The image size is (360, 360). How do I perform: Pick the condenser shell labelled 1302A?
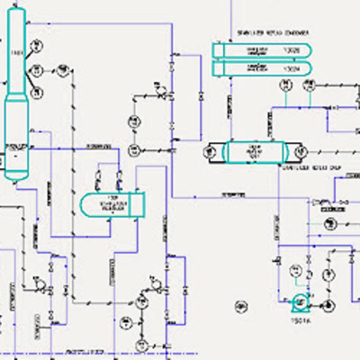(x=259, y=67)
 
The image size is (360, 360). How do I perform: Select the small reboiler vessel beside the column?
(x=112, y=205)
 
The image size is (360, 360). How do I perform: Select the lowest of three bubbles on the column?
(x=37, y=92)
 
